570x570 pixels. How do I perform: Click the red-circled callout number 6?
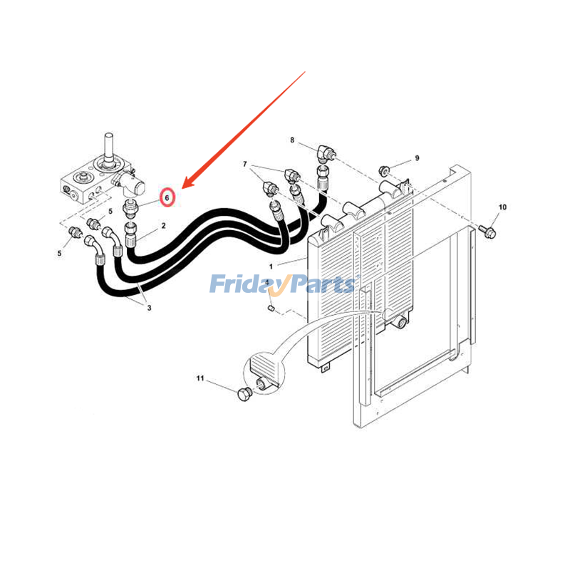click(x=167, y=198)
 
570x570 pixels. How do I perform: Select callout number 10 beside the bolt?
click(x=502, y=207)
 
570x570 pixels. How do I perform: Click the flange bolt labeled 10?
click(x=487, y=231)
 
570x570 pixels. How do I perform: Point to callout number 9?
click(x=417, y=158)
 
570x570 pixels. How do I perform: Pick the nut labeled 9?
click(x=383, y=170)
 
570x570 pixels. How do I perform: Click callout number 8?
click(x=292, y=140)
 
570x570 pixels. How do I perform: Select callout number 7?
click(x=244, y=164)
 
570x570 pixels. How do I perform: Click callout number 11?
click(x=200, y=378)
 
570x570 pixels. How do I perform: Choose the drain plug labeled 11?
click(x=244, y=395)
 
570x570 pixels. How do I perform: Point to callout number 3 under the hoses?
click(x=149, y=308)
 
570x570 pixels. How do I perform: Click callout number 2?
click(x=164, y=226)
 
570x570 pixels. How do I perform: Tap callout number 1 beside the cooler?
click(x=271, y=266)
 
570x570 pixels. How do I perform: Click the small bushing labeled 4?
click(x=271, y=309)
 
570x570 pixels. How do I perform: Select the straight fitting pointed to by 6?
click(x=130, y=209)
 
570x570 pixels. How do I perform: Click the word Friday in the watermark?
click(x=244, y=284)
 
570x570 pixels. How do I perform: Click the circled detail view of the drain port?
click(x=264, y=373)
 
